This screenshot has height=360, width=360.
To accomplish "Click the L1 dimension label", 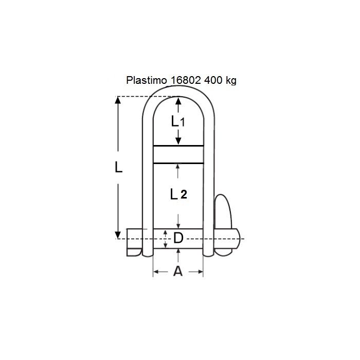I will tap(178, 122).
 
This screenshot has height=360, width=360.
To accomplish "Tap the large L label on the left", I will tap(118, 168).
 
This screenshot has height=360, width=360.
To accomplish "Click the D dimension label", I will tap(178, 238).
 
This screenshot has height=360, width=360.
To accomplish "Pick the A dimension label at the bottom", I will tap(178, 271).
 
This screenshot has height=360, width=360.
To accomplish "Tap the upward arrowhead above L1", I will tap(178, 101).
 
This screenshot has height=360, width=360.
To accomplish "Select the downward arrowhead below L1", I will tap(178, 141).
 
